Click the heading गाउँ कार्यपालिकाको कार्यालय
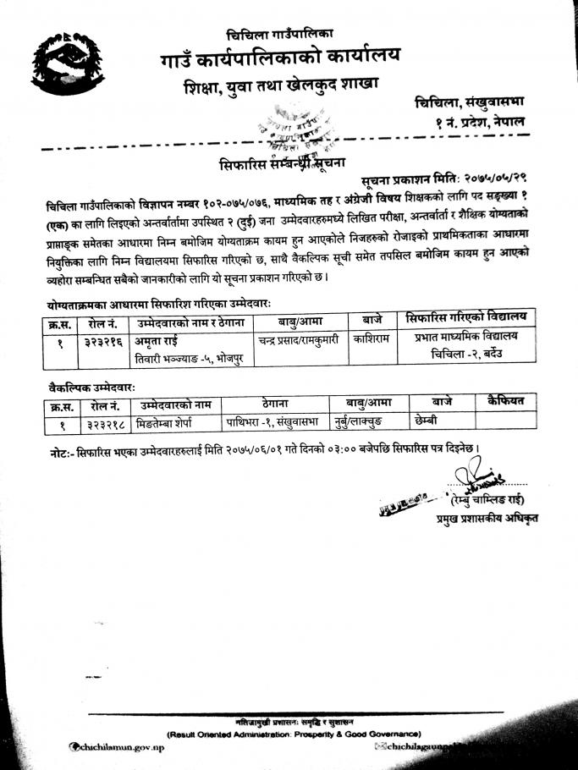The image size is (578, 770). (x=280, y=58)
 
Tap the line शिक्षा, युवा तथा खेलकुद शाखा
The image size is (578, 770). (x=280, y=86)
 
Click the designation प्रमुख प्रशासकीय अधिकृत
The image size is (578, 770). (x=487, y=517)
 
